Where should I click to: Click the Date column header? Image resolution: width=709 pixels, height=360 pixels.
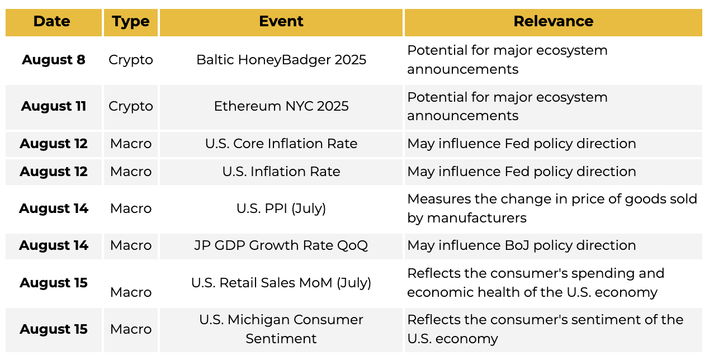coord(51,21)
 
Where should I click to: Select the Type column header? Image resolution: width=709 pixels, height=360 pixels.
coord(131,22)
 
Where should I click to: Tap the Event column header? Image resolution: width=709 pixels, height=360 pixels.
coord(281,21)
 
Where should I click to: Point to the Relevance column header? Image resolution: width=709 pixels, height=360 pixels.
coord(553,21)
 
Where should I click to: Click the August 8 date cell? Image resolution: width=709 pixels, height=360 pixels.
coord(54,60)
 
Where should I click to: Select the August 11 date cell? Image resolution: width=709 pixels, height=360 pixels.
coord(54,106)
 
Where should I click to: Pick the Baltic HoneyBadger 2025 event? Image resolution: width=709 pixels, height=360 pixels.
coord(281,60)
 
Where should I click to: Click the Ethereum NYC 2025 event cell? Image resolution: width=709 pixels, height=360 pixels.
coord(281,106)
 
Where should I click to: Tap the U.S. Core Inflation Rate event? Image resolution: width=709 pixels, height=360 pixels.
coord(281,144)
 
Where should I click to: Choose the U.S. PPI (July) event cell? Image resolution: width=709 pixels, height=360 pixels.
coord(281,209)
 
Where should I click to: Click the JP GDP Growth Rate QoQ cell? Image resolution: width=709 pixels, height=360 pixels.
coord(281,245)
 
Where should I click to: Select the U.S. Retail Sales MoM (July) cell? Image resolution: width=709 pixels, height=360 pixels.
coord(281,283)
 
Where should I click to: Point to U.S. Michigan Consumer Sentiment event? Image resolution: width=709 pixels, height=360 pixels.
coord(281,329)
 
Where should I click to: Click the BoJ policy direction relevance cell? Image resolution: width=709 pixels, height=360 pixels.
coord(521,245)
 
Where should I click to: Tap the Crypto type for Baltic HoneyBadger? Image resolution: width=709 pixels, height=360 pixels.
coord(131,60)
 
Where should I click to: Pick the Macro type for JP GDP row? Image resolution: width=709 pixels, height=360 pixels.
coord(131,245)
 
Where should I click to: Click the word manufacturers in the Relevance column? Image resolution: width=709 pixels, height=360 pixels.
coord(477,218)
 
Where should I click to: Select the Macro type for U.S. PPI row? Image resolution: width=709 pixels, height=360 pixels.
coord(131,209)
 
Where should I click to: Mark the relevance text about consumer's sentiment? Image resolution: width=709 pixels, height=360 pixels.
coord(545,329)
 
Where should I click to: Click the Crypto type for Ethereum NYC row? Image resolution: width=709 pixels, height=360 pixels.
coord(131,107)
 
